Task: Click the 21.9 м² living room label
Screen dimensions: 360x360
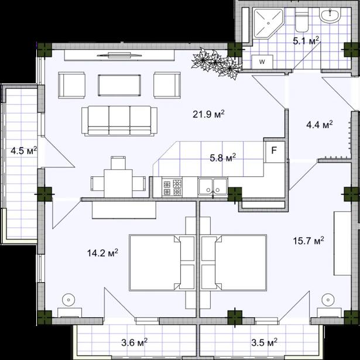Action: coord(208,114)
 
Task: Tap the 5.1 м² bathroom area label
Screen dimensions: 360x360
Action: coord(306,40)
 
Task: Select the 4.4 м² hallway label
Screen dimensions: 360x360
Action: coord(320,125)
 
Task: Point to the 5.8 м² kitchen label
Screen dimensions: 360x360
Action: coord(222,157)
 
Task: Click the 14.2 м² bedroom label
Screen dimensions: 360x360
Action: coord(102,253)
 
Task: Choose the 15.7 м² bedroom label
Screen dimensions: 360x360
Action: coord(308,241)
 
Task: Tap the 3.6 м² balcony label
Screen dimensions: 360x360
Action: coord(134,343)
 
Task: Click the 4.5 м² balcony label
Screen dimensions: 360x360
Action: coord(23,151)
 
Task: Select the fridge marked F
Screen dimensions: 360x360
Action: coord(275,152)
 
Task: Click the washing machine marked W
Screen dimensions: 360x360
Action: coord(262,62)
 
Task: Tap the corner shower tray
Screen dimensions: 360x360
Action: coord(268,23)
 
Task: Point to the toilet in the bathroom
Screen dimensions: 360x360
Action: coord(301,21)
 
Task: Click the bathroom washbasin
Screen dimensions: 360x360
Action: coord(330,15)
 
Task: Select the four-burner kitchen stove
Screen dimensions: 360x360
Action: coord(172,187)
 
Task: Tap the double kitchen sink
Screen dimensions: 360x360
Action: coord(213,186)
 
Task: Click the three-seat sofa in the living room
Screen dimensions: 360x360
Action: coord(119,121)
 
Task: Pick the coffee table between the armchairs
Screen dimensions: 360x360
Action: coord(119,85)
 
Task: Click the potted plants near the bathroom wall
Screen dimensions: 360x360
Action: coord(216,63)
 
